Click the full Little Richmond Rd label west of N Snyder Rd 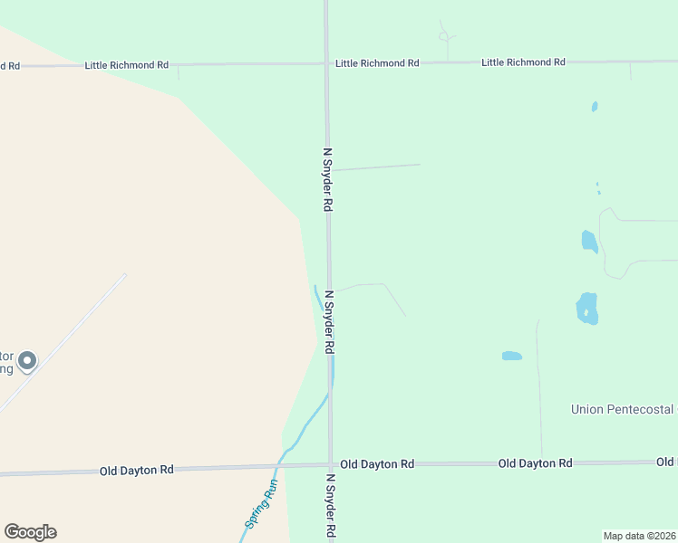[127, 65]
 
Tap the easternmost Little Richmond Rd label [523, 62]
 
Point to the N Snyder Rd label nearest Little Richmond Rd [328, 180]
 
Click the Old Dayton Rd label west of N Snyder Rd [136, 471]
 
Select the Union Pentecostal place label [624, 409]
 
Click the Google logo [30, 532]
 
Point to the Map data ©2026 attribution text [640, 536]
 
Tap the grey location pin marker [27, 361]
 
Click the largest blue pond [586, 309]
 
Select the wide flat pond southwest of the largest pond [512, 356]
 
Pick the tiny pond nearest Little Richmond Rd [595, 107]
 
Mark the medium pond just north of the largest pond [589, 241]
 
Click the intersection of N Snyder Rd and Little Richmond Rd [326, 63]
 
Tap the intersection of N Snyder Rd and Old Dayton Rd [330, 465]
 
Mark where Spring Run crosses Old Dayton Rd [278, 467]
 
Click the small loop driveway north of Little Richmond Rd [444, 36]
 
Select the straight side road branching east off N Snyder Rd [376, 167]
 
